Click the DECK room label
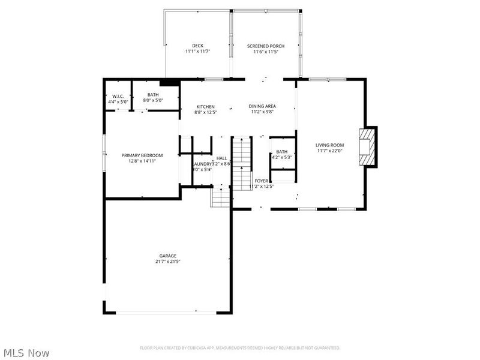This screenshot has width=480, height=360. coord(197,46)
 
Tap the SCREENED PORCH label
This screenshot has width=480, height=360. coord(266,46)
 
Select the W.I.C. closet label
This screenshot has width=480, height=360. coord(118,97)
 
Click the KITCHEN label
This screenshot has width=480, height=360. coord(205,107)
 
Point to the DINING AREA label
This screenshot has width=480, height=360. coord(262,106)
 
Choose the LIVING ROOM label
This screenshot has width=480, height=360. coord(329,145)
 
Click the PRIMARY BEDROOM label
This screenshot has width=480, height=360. coord(142,155)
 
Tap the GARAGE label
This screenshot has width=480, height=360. coord(167,256)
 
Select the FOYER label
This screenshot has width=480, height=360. coord(261,181)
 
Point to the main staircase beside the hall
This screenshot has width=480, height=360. coord(241,162)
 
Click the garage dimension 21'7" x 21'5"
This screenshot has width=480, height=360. coord(167,262)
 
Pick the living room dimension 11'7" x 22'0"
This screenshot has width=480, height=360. coord(329,151)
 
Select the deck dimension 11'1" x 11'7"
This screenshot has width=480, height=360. coord(197,52)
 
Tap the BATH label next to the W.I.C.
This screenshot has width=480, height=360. coord(153,95)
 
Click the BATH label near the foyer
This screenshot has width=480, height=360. coord(281,152)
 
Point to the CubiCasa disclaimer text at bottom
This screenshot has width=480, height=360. coord(240,348)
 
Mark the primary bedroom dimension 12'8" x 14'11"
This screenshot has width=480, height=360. coord(142,161)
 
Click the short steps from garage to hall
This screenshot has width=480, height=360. coord(220,197)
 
